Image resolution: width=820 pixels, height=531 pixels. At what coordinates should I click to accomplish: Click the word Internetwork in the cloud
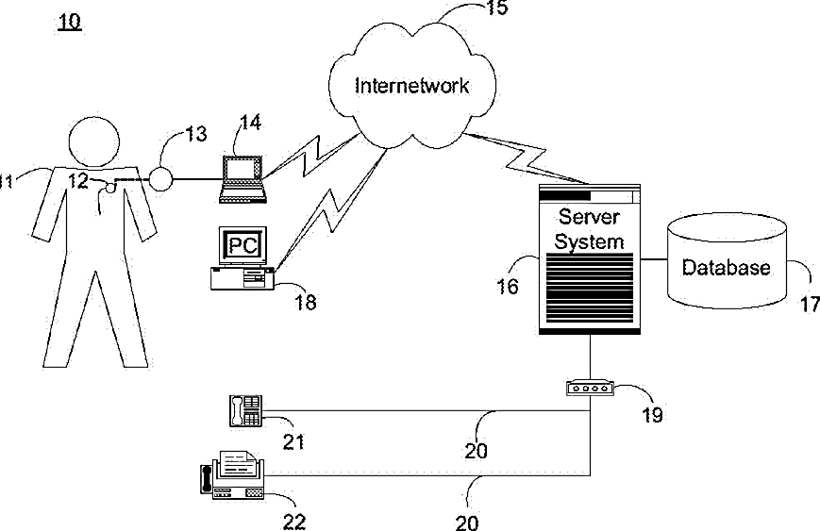pos(411,87)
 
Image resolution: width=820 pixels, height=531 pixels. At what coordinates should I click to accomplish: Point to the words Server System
pos(589,228)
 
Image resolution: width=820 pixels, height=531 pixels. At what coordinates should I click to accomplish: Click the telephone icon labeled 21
pos(245,409)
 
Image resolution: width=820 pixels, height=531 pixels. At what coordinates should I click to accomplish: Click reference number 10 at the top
pos(70,22)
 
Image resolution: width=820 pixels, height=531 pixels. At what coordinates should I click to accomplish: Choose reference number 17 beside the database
pos(809,304)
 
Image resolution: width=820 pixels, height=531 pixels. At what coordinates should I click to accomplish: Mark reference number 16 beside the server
pos(508,286)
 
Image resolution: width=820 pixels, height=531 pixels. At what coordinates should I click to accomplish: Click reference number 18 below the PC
pos(306,303)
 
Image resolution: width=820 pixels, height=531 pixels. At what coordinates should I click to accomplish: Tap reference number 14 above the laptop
pos(250,123)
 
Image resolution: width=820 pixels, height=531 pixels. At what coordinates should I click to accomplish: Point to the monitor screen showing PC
pos(242,246)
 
